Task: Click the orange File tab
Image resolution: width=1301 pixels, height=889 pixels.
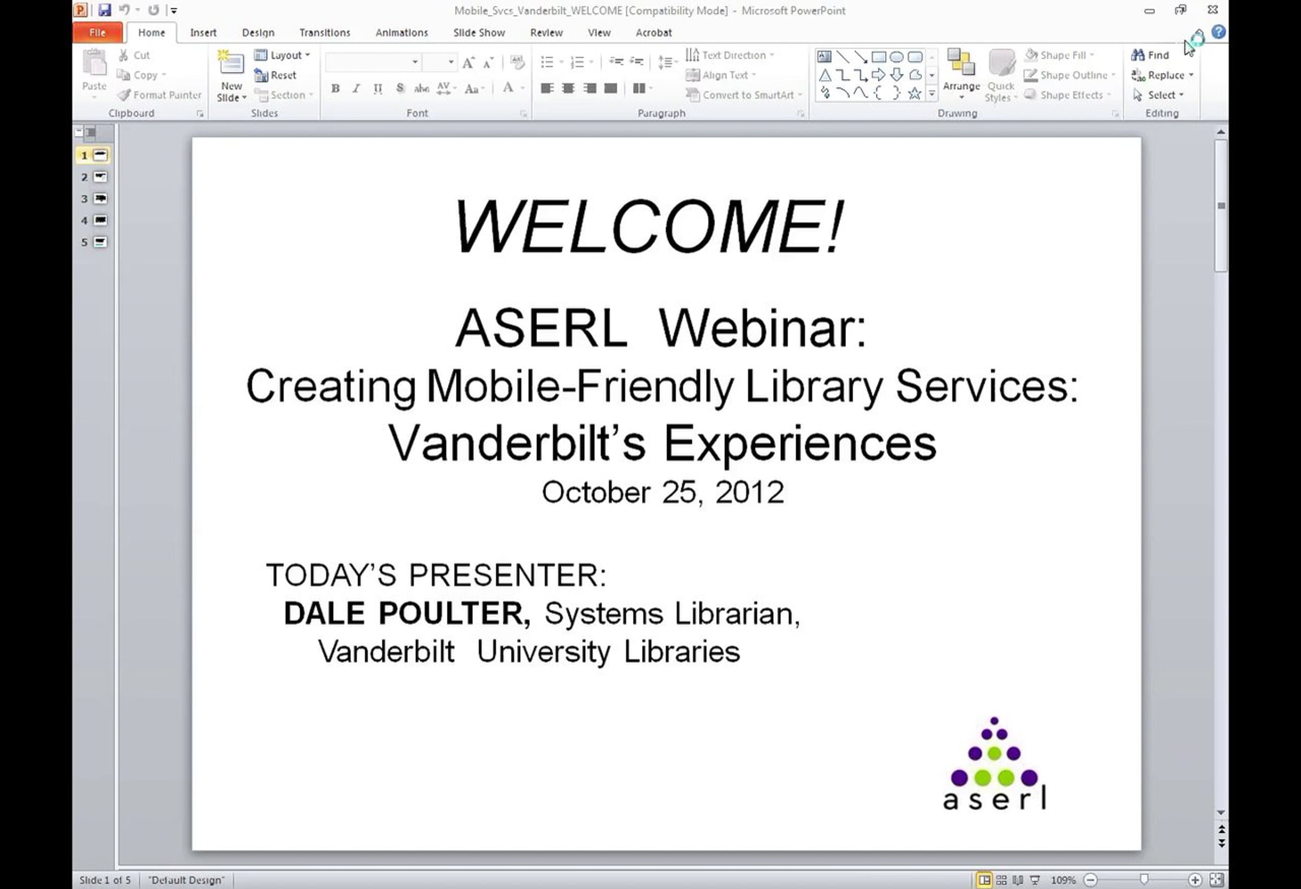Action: point(98,33)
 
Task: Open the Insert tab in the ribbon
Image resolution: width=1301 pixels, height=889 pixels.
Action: point(203,33)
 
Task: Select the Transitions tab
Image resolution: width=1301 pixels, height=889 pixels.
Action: point(325,33)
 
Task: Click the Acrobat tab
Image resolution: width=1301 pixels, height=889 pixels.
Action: point(653,33)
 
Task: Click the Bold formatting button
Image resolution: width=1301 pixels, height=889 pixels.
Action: point(336,88)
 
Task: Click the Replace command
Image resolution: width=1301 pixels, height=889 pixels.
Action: point(1162,75)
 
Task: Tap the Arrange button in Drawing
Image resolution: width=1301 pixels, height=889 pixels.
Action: point(961,73)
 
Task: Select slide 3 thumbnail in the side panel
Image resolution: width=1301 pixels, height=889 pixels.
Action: point(100,199)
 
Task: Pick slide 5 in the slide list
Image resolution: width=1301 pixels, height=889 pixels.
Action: point(100,242)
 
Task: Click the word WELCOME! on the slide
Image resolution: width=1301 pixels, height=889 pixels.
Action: point(648,226)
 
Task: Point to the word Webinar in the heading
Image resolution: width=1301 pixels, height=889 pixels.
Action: point(763,328)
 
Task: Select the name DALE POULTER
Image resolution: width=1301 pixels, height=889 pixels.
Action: point(407,613)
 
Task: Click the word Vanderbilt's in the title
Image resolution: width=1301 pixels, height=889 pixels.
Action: point(517,443)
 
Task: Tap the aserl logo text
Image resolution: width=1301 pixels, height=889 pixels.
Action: point(995,798)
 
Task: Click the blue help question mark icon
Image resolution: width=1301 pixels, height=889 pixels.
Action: point(1218,32)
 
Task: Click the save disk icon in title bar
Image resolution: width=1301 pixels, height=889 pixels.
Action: point(104,10)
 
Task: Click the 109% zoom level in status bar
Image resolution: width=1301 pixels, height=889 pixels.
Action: point(1063,880)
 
